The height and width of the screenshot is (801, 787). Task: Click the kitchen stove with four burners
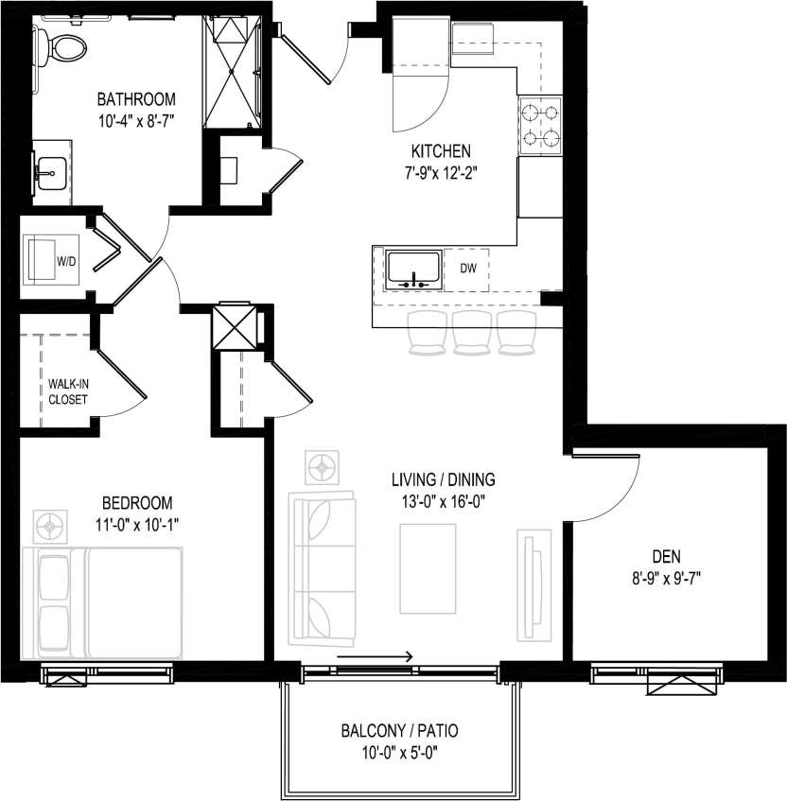[540, 127]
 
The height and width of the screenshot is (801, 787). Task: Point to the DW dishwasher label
[467, 268]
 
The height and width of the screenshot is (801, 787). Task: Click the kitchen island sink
[413, 268]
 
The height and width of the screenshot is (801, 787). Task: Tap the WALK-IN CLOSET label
[68, 392]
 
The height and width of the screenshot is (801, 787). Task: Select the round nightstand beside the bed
[48, 523]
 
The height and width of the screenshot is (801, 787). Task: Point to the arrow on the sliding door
[375, 656]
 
